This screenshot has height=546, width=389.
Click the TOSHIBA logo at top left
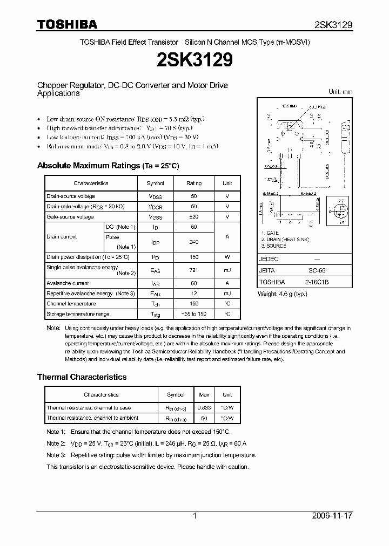coord(67,24)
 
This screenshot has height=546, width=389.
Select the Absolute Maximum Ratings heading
coord(108,166)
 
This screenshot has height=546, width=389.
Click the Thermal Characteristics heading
coord(82,377)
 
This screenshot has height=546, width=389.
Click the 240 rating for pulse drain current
coord(194,242)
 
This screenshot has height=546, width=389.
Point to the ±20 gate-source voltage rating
coord(194,217)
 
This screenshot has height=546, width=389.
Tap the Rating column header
coord(194,183)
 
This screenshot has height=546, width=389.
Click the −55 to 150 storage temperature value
coord(194,314)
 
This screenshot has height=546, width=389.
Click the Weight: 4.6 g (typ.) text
coord(282,294)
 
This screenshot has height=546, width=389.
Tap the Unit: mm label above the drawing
coord(340,92)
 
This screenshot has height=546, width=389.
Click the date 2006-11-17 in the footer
coord(333,516)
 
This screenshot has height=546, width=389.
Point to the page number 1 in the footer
coord(195,516)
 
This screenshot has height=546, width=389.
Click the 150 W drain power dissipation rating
coord(194,257)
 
